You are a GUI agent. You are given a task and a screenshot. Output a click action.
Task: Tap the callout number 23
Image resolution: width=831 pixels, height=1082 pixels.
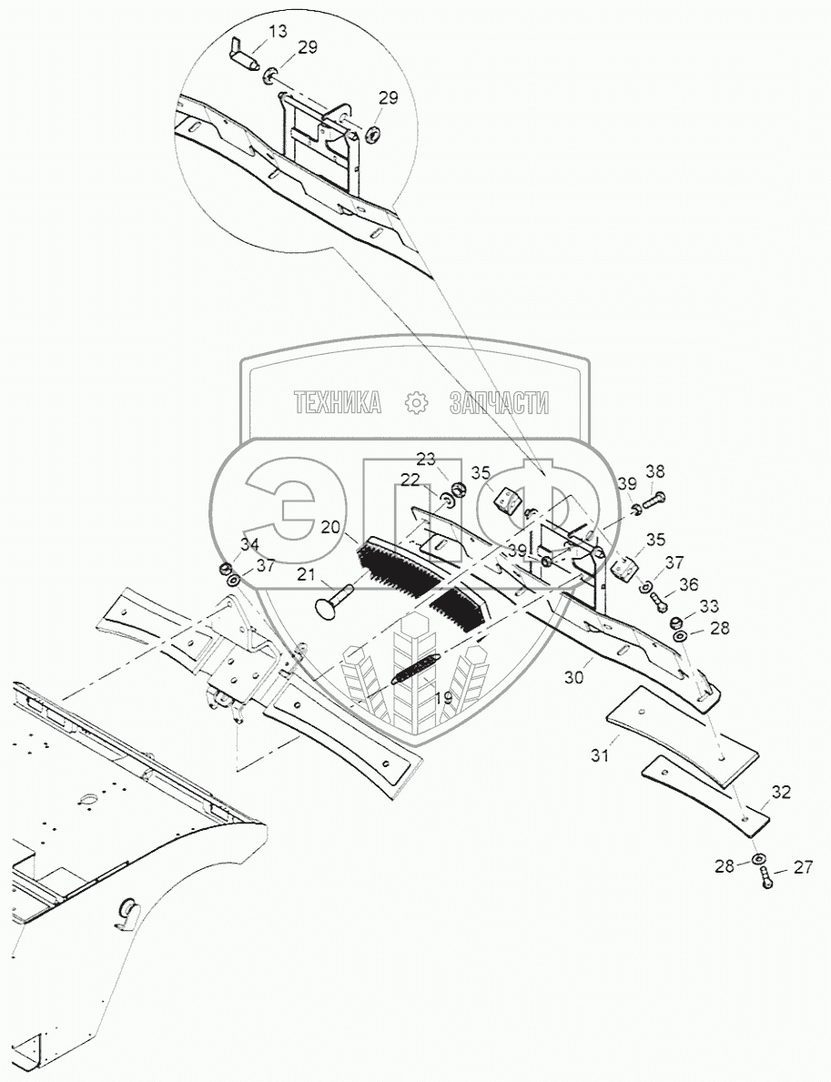click(x=427, y=458)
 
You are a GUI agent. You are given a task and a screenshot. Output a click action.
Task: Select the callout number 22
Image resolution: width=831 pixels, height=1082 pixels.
click(x=410, y=480)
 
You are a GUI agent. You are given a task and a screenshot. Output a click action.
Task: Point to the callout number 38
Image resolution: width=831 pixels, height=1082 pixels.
click(x=655, y=471)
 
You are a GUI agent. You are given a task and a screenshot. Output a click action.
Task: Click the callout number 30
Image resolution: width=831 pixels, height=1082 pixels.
click(x=573, y=678)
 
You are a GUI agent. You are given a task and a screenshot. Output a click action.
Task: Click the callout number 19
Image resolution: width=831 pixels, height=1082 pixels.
click(x=442, y=699)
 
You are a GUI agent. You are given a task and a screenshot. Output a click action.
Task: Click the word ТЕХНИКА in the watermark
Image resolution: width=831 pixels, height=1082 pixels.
click(x=337, y=403)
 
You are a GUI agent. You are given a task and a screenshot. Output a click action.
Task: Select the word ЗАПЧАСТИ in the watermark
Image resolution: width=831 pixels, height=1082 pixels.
click(x=499, y=403)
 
